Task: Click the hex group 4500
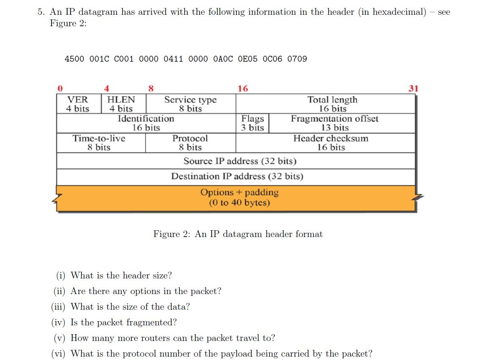[x=74, y=59]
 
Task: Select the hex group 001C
[x=99, y=59]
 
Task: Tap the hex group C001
[x=124, y=59]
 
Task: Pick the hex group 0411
[x=173, y=59]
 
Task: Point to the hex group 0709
[x=297, y=59]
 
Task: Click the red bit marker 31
[x=413, y=88]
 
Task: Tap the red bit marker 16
[x=243, y=88]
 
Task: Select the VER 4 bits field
[x=78, y=104]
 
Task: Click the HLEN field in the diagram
[x=121, y=104]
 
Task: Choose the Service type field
[x=190, y=104]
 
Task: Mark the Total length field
[x=332, y=104]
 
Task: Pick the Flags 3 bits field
[x=252, y=123]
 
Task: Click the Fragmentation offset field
[x=334, y=123]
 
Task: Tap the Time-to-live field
[x=99, y=143]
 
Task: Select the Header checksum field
[x=331, y=143]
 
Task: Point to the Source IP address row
[x=240, y=161]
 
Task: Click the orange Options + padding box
[x=239, y=197]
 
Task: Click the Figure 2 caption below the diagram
[x=238, y=234]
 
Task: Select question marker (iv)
[x=59, y=322]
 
